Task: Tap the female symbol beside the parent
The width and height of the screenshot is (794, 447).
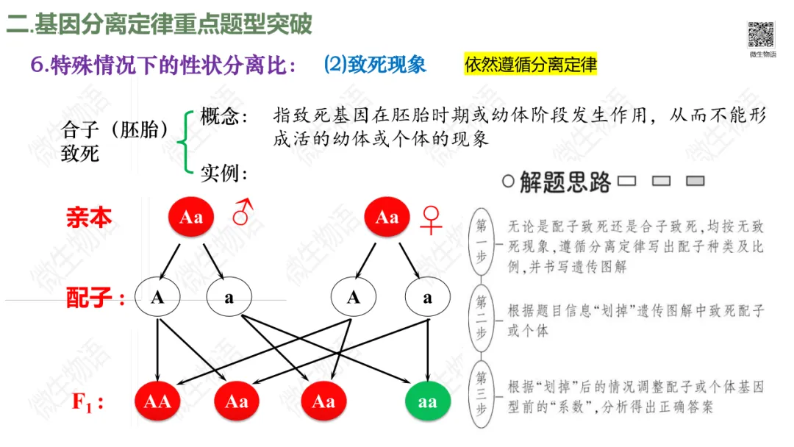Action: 431,219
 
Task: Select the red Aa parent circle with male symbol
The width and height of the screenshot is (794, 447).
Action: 191,218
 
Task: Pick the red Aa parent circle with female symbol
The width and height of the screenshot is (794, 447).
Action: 387,218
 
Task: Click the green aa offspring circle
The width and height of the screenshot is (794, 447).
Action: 427,401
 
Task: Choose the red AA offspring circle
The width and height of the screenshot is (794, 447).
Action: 157,401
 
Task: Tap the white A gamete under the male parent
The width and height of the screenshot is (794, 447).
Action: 157,298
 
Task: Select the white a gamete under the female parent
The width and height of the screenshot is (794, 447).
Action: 427,298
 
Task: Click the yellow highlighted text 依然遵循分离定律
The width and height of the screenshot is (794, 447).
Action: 531,65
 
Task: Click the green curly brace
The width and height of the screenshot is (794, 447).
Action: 187,142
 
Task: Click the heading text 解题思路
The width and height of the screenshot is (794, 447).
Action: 565,182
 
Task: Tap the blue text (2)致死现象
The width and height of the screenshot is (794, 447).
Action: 375,65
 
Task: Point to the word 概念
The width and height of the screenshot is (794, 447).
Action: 223,117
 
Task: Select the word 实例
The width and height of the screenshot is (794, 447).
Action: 223,174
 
